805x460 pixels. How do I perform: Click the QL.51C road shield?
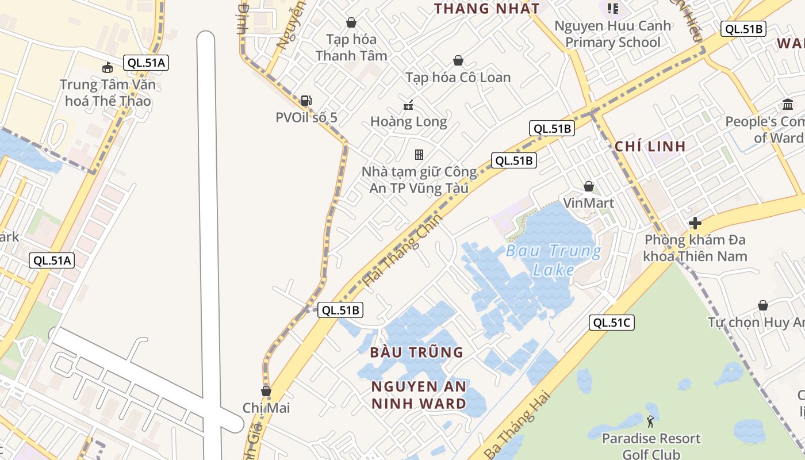click(x=612, y=323)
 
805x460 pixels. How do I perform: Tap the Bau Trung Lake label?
click(x=554, y=260)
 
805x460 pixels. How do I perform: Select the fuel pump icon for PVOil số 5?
click(x=306, y=101)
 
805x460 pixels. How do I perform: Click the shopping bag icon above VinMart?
click(x=588, y=186)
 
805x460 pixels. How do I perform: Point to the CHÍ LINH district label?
click(x=650, y=146)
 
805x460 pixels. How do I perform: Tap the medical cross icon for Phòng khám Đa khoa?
click(x=695, y=223)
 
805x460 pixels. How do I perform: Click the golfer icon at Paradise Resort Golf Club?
click(x=650, y=421)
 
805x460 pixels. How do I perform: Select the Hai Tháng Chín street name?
click(x=404, y=251)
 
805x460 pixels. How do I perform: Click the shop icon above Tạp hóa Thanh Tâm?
click(x=351, y=22)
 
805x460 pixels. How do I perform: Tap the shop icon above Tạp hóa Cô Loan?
click(x=458, y=60)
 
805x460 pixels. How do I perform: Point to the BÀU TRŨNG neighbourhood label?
click(x=417, y=352)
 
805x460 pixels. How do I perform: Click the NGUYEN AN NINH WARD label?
click(x=419, y=394)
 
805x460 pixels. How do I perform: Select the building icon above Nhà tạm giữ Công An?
click(x=419, y=154)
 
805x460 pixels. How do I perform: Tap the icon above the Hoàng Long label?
click(x=408, y=105)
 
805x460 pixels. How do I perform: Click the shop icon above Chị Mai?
click(x=266, y=391)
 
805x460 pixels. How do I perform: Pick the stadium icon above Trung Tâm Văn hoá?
click(x=107, y=68)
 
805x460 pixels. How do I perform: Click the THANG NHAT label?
click(x=486, y=9)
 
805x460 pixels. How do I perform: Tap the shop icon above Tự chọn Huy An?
click(x=762, y=305)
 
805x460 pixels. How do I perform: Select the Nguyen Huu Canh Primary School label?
click(x=612, y=34)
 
